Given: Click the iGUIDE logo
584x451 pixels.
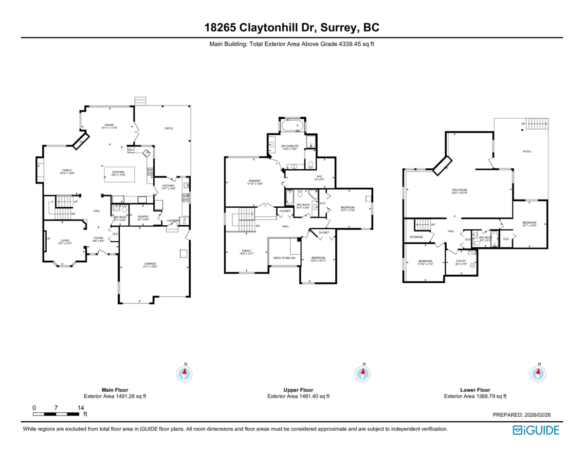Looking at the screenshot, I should click(x=536, y=430).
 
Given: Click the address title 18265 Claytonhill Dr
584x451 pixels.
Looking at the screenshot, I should click(x=292, y=28).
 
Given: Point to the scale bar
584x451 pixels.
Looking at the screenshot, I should click(x=56, y=414).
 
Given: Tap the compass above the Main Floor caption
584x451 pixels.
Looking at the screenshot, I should click(x=183, y=373).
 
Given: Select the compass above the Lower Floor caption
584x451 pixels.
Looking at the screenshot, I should click(x=538, y=373).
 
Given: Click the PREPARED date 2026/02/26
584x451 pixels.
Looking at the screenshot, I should click(x=521, y=415).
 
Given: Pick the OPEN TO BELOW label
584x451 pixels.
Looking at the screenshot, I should click(x=284, y=258).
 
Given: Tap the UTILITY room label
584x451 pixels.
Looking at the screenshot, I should click(x=461, y=262).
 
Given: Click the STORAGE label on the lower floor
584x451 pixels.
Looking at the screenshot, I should click(x=416, y=237).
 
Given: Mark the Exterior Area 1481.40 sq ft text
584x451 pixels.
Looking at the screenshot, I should click(x=298, y=397).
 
